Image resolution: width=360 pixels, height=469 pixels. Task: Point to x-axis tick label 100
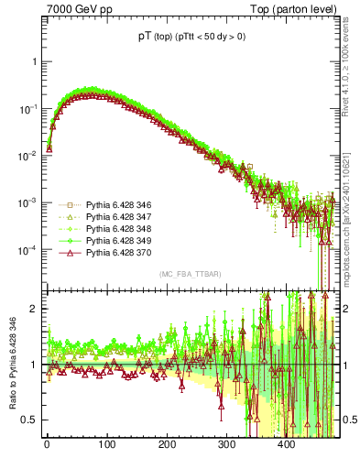click(x=107, y=446)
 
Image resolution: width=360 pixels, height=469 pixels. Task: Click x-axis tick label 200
click(x=167, y=446)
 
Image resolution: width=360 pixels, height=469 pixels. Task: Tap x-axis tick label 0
click(x=47, y=446)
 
